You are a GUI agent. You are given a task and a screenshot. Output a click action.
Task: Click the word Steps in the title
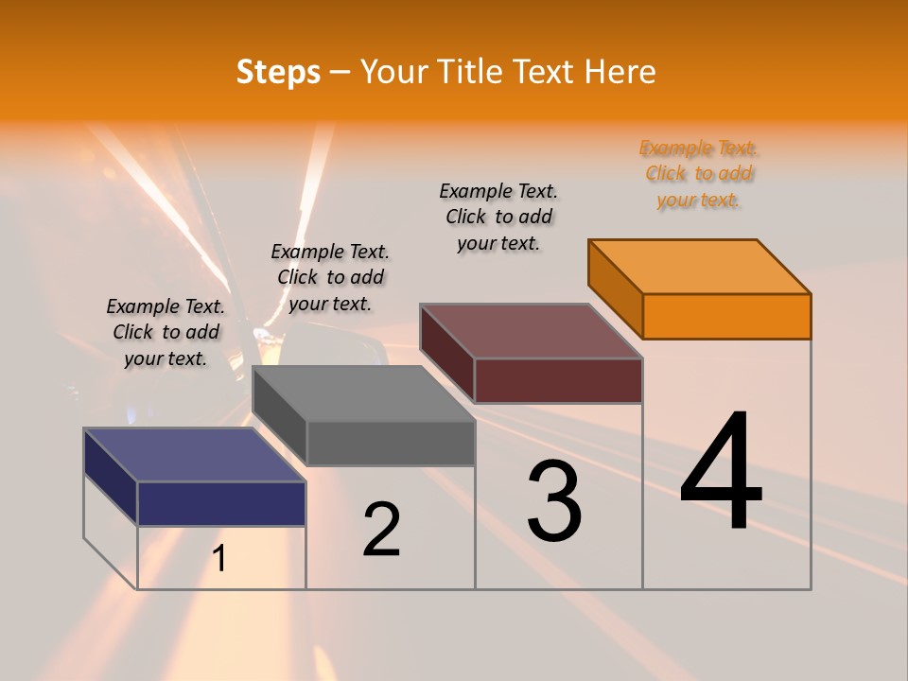(278, 72)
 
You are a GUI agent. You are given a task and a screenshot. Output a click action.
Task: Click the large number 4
(721, 472)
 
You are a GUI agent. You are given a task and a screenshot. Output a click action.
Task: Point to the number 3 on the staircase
(554, 500)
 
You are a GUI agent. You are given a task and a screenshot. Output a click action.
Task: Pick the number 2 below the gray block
(381, 529)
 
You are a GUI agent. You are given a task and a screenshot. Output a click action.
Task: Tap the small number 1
(219, 558)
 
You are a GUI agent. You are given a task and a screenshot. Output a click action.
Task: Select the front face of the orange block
(726, 316)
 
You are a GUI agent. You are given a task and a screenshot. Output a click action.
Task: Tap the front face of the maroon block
(558, 380)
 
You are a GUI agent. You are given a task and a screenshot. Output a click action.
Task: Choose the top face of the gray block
(363, 393)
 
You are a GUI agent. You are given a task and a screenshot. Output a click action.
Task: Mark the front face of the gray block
(391, 443)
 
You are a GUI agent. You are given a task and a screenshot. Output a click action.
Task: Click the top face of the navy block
(195, 454)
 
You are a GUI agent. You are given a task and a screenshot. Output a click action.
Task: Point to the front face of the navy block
(221, 503)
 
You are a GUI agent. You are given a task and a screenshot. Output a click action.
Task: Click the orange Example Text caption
(699, 173)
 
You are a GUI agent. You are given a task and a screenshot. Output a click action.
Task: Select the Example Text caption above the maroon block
(498, 217)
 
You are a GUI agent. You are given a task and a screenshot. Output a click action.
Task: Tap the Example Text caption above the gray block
(330, 277)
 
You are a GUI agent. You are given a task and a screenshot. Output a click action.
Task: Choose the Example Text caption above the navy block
(166, 332)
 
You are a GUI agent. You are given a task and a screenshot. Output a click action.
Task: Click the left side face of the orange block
(615, 289)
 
